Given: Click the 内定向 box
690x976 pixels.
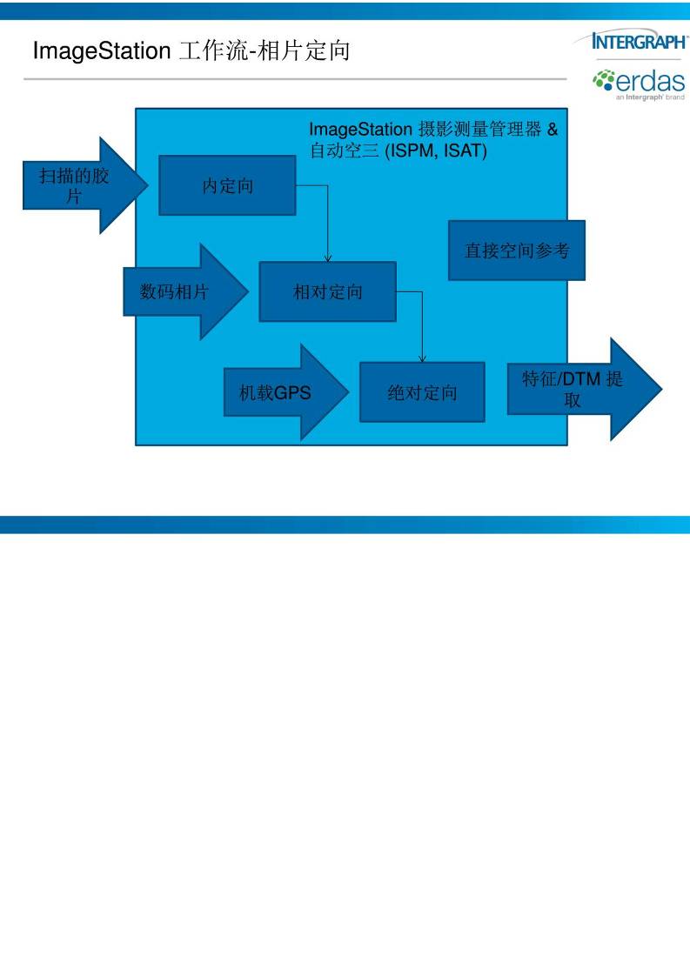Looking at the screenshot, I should click(227, 185).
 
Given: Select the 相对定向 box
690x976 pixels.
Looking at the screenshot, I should click(327, 291).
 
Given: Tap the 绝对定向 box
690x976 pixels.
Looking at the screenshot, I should click(422, 392).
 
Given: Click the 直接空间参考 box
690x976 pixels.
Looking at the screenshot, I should click(516, 251).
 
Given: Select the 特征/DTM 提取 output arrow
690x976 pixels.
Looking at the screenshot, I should click(578, 389).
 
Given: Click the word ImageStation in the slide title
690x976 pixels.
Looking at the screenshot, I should click(100, 50).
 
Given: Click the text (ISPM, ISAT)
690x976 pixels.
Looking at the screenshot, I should click(436, 151).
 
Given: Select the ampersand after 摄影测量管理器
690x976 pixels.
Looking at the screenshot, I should click(552, 130).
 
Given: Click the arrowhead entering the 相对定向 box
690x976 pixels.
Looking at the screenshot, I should click(328, 258).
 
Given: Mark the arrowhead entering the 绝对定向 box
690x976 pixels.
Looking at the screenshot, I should click(422, 358).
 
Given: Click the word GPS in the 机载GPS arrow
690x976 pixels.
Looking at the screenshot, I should click(292, 392).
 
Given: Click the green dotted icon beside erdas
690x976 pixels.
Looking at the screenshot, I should click(603, 81).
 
